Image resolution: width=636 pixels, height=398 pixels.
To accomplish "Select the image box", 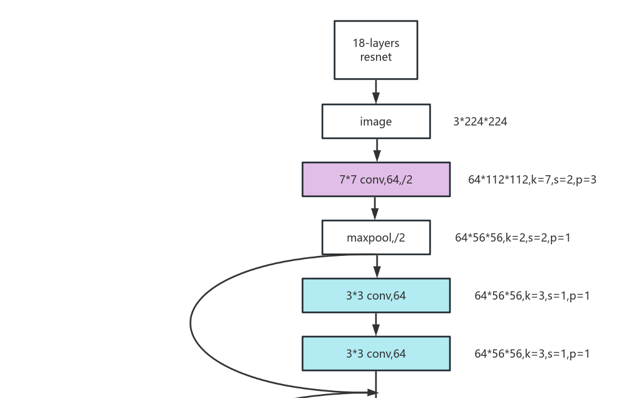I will tap(376, 122).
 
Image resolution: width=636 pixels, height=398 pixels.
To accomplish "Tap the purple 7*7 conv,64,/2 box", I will tap(376, 180).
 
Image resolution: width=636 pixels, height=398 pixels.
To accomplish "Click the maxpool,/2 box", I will tap(376, 238).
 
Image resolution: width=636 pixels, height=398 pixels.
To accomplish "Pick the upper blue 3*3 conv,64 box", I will tap(376, 296).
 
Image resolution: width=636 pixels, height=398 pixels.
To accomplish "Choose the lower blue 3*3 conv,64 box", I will tap(376, 354).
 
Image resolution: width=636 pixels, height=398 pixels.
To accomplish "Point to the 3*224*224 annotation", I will tap(480, 122).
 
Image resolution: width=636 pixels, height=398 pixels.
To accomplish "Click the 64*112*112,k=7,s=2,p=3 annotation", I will tap(532, 180).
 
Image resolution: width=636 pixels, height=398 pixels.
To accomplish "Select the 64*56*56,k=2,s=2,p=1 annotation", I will tap(513, 238).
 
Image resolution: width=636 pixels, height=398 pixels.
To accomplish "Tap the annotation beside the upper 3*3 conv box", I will tap(532, 296).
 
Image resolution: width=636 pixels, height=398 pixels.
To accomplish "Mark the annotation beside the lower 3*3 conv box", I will tap(532, 354).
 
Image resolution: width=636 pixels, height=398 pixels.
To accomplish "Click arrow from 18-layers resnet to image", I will tap(376, 92).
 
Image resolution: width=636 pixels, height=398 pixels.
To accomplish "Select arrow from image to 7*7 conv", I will tap(377, 150).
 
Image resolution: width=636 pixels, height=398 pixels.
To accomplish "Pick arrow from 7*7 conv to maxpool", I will tap(375, 208).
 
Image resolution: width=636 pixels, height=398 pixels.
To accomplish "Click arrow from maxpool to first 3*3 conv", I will tap(377, 266).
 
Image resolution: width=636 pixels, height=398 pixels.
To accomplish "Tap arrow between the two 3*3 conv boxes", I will tap(376, 324).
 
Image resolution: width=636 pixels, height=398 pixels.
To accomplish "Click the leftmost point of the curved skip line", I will tap(190, 323).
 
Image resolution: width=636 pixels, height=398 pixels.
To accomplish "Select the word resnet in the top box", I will tap(376, 57).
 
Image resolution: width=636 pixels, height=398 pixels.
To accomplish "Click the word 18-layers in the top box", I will tap(376, 43).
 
